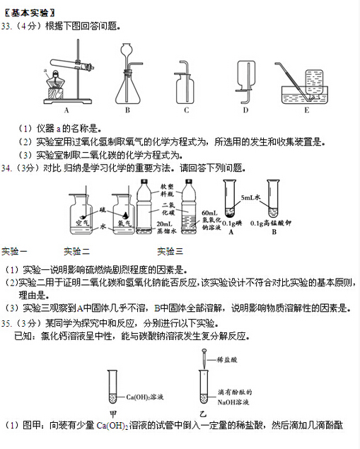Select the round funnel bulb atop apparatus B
pyautogui.click(x=127, y=51)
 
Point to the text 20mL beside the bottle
pyautogui.click(x=165, y=223)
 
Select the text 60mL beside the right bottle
pyautogui.click(x=209, y=213)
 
